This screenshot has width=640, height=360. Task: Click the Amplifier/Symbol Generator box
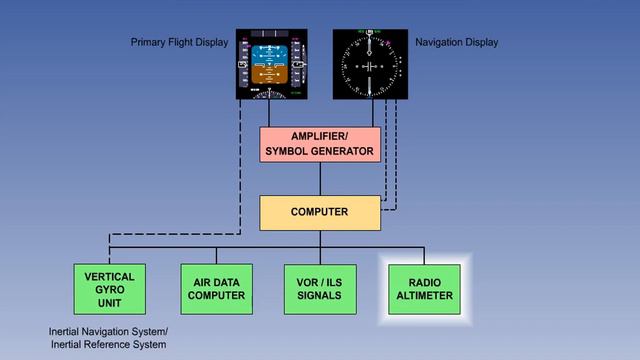point(320,144)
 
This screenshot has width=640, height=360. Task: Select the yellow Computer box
point(319,212)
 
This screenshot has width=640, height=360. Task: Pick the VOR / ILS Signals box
point(319,289)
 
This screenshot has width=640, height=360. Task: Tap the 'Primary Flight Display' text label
point(179,43)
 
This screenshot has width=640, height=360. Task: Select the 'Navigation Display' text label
point(456,43)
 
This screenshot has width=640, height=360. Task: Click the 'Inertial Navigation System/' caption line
point(109,331)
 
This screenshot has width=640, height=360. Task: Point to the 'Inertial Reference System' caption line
point(109,345)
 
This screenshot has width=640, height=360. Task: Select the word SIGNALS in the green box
point(319,296)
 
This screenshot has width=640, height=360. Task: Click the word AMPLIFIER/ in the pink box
point(319,136)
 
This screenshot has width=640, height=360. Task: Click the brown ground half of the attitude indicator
point(270,75)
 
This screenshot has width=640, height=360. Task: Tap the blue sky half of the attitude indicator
point(270,52)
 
